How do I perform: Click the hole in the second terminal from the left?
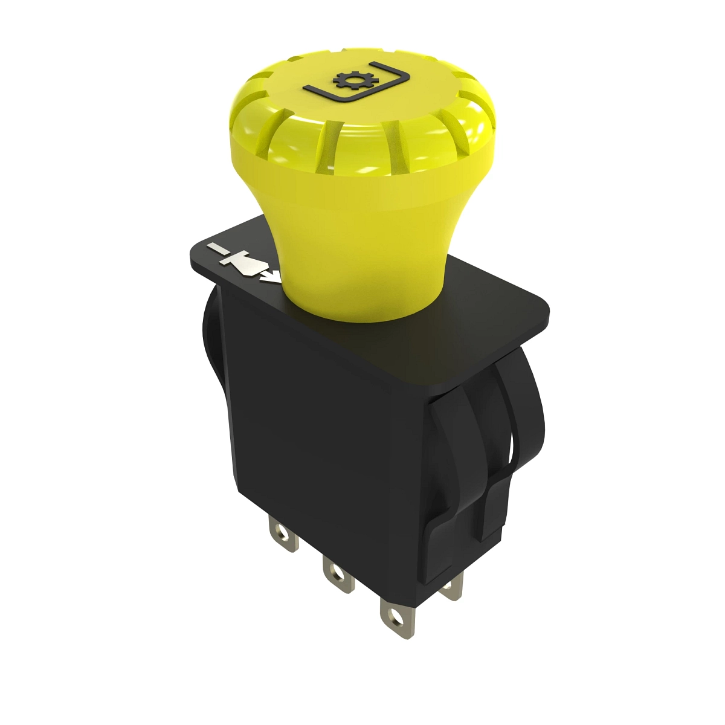331,571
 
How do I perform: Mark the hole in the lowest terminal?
395,617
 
